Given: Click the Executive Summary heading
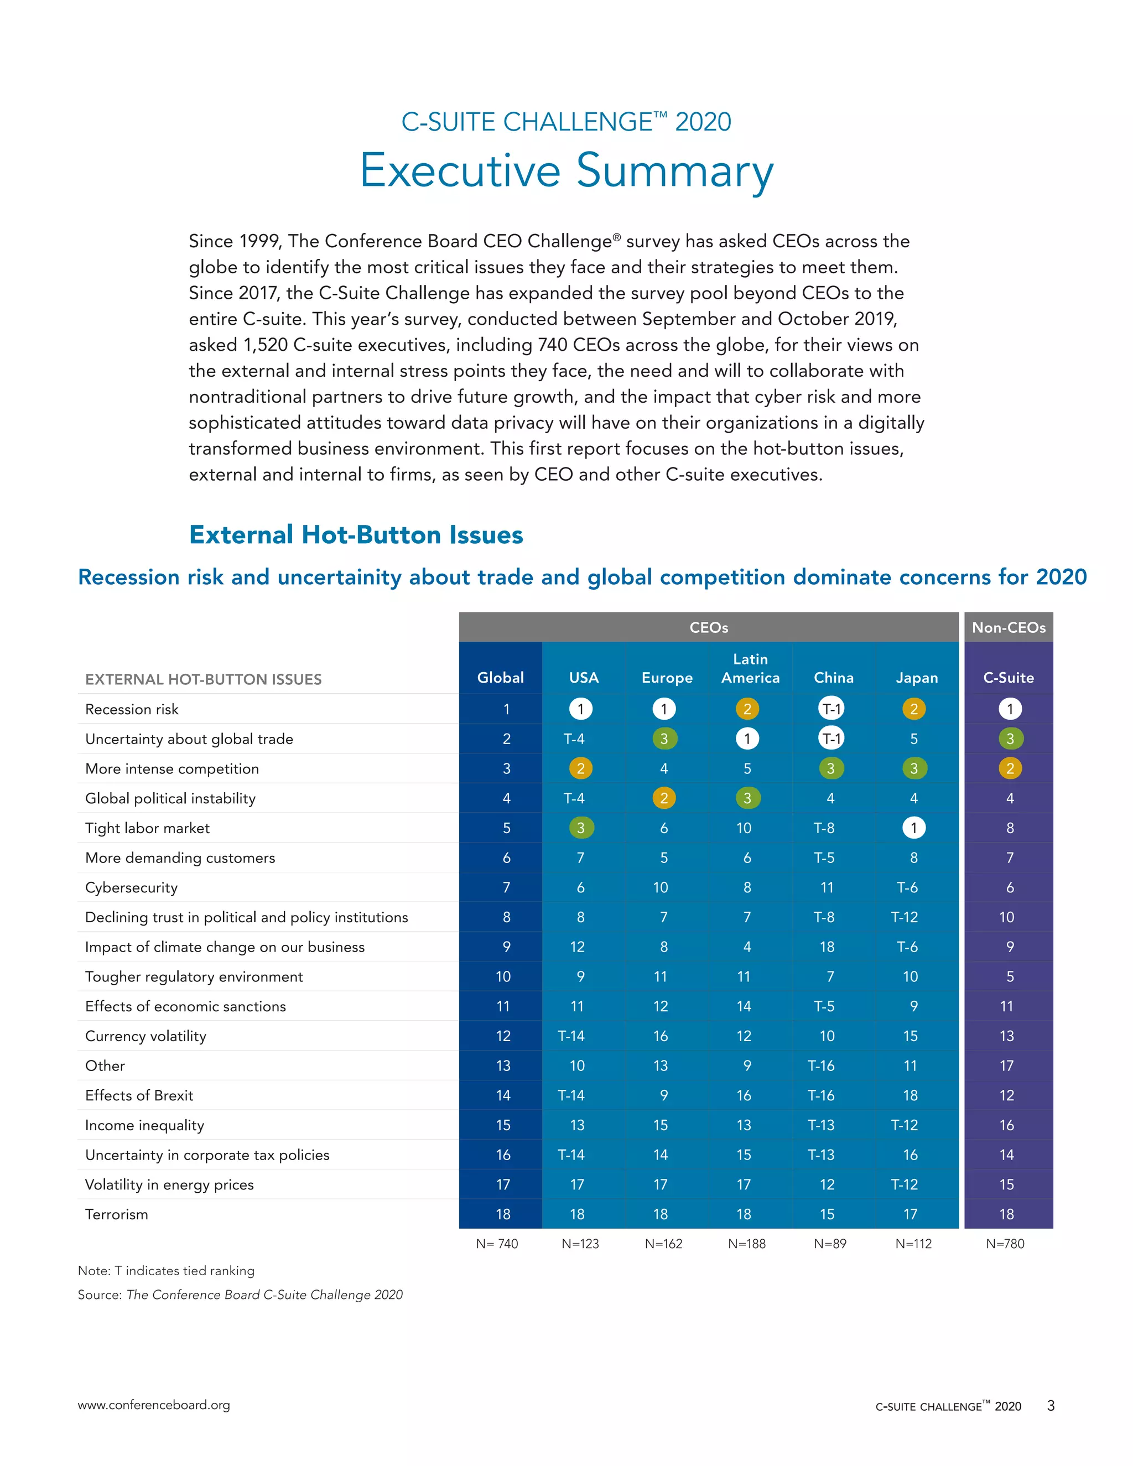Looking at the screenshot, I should coord(566,171).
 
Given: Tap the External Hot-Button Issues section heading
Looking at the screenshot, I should coord(356,535).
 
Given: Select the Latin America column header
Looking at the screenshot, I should coord(750,669).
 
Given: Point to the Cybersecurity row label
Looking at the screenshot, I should coord(132,887).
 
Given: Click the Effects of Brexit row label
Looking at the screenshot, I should coord(139,1095).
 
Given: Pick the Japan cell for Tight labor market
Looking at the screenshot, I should coord(913,828).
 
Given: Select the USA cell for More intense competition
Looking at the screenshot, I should coord(580,768).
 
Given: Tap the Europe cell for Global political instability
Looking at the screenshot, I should coord(664,798).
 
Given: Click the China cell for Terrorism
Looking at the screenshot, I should coord(827,1214).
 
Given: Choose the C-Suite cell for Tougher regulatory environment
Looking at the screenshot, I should coord(1010,976).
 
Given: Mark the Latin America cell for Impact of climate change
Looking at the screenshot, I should coord(747,947).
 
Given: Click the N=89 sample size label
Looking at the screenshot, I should coord(830,1244).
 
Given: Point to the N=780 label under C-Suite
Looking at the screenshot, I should coord(1005,1244).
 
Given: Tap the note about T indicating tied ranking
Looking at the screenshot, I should coord(166,1271).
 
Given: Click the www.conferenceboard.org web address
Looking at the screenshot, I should coord(154,1405).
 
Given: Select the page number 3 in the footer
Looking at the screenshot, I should coord(1051,1406).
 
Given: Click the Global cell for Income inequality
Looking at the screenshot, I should coord(503,1125).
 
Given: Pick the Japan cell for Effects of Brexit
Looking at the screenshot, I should coord(910,1095).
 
